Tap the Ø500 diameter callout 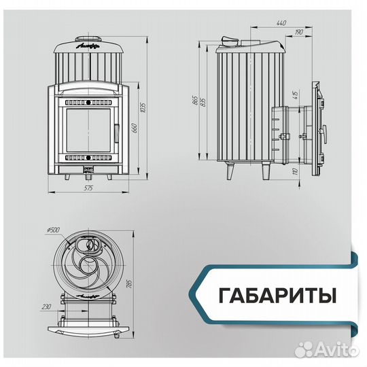click(52, 229)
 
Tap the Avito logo click(334, 351)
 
